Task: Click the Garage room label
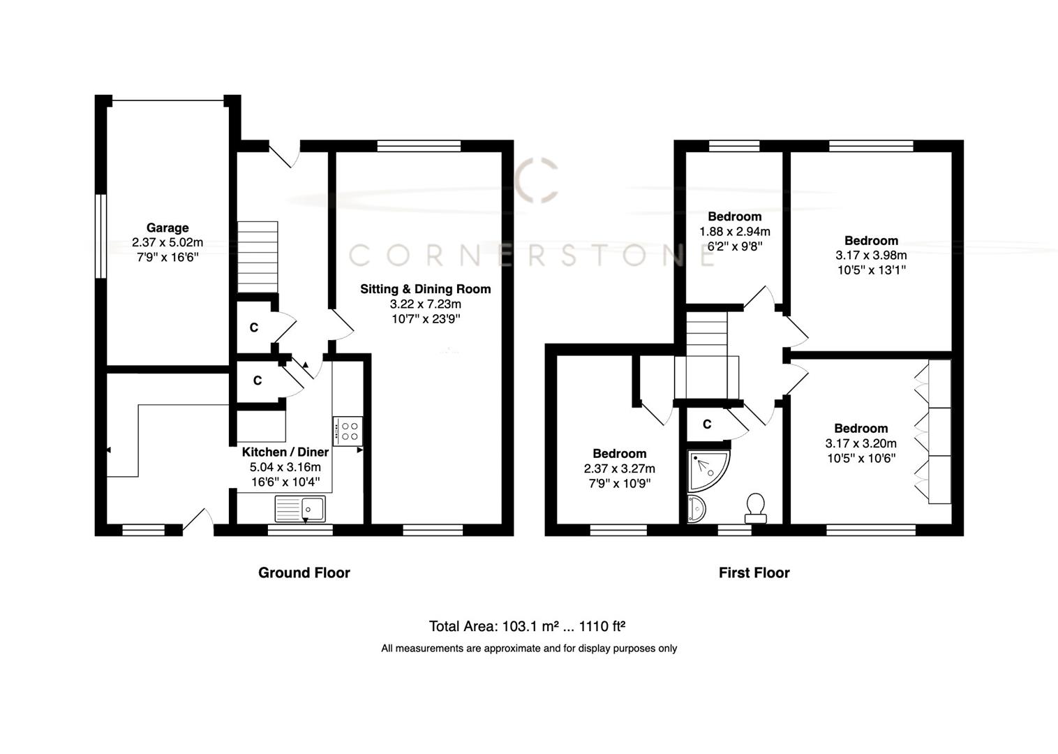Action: (167, 228)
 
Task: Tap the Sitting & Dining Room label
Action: (425, 289)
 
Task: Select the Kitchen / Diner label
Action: (285, 452)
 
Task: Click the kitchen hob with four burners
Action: (348, 431)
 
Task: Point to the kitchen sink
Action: (299, 509)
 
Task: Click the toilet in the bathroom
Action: (755, 508)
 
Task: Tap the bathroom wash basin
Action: (696, 510)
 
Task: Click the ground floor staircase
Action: (258, 257)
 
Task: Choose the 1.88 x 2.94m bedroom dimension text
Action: (734, 231)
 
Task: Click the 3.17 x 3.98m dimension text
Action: (871, 256)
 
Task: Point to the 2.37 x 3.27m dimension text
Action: (619, 468)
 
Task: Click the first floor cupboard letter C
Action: (706, 424)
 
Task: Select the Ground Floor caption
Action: (304, 572)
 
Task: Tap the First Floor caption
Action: (754, 572)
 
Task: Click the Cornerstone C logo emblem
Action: (537, 180)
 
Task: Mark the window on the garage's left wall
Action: (101, 236)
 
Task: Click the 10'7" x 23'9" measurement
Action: (425, 319)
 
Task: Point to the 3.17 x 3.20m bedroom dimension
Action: (860, 443)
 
